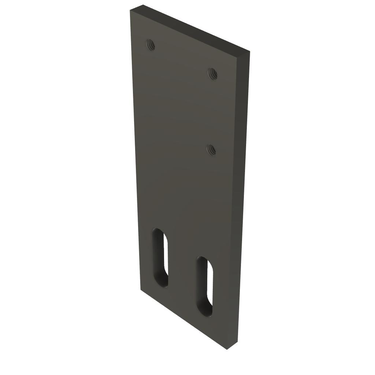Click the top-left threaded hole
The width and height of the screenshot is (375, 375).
tap(150, 45)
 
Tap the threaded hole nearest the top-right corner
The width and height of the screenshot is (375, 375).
tap(213, 74)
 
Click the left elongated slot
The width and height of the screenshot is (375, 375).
tap(160, 257)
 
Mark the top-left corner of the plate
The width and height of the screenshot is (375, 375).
tap(130, 11)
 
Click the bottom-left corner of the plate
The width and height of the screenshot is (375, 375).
tap(141, 289)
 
